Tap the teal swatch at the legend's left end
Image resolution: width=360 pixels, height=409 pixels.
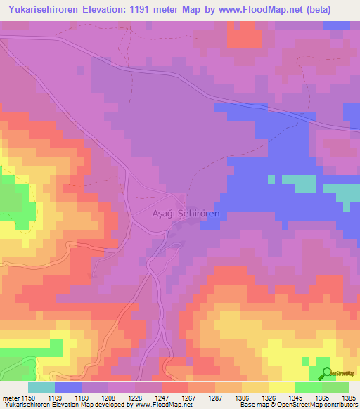(41, 387)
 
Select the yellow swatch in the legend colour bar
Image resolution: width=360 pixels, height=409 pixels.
(281, 387)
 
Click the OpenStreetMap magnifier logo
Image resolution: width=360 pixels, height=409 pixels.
(326, 375)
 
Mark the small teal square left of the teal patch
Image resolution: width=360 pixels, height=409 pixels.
(271, 179)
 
